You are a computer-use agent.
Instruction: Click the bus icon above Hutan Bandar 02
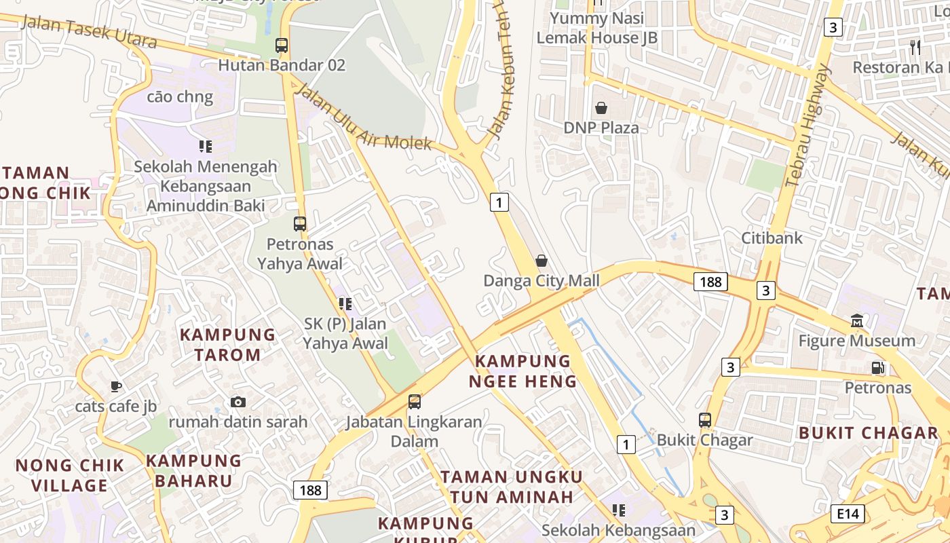pyautogui.click(x=281, y=45)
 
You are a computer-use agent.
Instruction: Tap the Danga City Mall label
pyautogui.click(x=541, y=280)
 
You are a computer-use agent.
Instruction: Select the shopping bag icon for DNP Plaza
pyautogui.click(x=601, y=107)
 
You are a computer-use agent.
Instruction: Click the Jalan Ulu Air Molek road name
pyautogui.click(x=364, y=117)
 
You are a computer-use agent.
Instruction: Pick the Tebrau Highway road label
pyautogui.click(x=807, y=126)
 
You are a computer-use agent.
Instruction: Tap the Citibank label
pyautogui.click(x=772, y=238)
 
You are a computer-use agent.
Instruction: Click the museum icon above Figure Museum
pyautogui.click(x=856, y=320)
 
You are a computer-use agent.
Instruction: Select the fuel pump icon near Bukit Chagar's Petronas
pyautogui.click(x=877, y=368)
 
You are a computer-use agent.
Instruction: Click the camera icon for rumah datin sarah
pyautogui.click(x=237, y=402)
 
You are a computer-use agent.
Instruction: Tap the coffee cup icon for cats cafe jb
pyautogui.click(x=116, y=386)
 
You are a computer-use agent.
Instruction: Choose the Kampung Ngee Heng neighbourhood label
pyautogui.click(x=522, y=371)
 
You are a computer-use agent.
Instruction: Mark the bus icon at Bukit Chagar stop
pyautogui.click(x=705, y=420)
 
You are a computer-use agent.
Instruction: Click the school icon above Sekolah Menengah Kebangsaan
pyautogui.click(x=205, y=146)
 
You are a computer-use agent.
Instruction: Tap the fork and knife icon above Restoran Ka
pyautogui.click(x=915, y=47)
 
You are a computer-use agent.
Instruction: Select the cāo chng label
pyautogui.click(x=180, y=96)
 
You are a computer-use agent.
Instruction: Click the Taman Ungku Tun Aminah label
pyautogui.click(x=512, y=486)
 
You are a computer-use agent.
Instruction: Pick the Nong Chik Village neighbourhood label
pyautogui.click(x=70, y=475)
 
